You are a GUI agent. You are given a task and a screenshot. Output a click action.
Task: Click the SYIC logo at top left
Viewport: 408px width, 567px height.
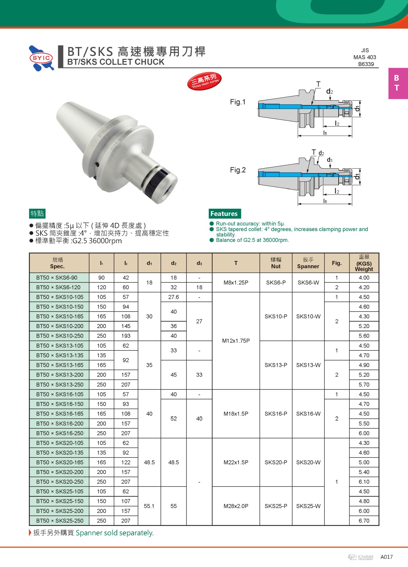(41, 58)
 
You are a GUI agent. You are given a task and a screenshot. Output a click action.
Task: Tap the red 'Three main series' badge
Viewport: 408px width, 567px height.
(204, 81)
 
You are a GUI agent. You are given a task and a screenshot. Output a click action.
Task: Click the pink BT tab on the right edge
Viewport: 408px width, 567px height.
(398, 83)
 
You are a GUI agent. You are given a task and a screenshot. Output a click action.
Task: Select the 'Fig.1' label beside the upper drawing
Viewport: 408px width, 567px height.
(238, 102)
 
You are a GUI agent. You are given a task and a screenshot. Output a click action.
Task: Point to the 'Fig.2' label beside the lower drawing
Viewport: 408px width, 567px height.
(238, 170)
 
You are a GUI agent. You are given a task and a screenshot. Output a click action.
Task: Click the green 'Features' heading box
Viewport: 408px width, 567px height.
(225, 214)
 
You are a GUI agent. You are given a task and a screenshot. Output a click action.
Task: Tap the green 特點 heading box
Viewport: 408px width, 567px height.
(37, 214)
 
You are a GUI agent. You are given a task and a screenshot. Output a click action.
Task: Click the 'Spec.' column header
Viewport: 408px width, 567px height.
(57, 267)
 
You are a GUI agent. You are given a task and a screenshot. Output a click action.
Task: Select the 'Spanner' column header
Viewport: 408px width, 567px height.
(308, 266)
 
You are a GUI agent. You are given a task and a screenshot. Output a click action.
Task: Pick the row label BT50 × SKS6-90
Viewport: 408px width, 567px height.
(57, 278)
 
